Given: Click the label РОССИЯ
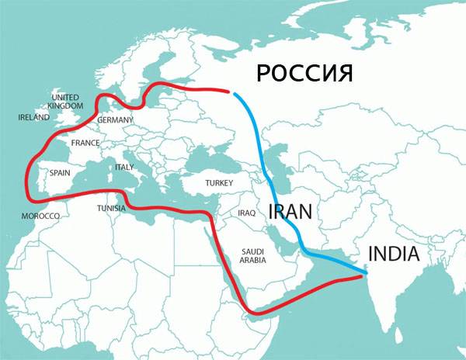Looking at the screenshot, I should [x=304, y=74].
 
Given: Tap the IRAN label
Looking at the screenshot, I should [x=290, y=210].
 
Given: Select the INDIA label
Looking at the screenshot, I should [x=393, y=254].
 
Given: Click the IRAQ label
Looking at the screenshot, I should [x=247, y=213].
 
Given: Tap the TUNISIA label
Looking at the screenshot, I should [x=113, y=209].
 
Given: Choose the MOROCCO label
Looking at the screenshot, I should [x=40, y=215].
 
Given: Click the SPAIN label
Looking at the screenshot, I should [x=61, y=173].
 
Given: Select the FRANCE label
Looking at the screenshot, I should [x=85, y=144].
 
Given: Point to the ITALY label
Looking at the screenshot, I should [x=124, y=167].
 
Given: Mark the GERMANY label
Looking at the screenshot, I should [x=116, y=120].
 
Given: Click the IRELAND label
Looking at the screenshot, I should [x=33, y=118].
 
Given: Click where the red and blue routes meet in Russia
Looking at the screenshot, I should [x=231, y=92].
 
